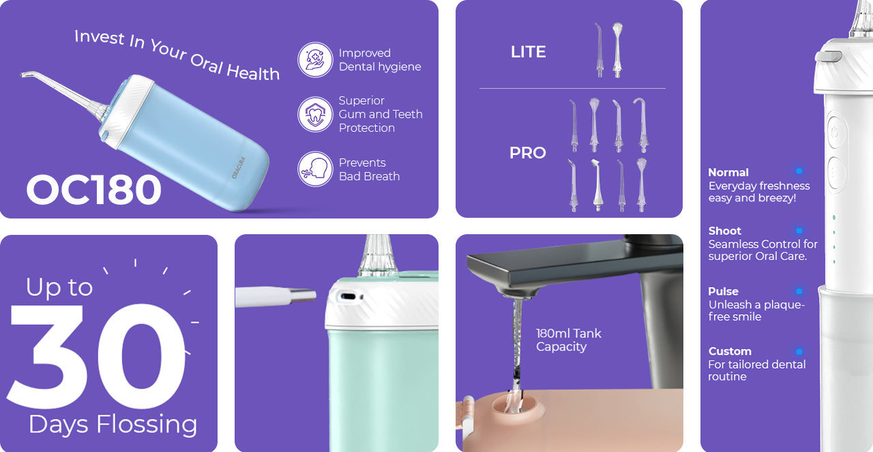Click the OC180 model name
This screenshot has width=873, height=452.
pyautogui.click(x=94, y=190)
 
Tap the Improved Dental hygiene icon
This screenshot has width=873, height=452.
pyautogui.click(x=315, y=59)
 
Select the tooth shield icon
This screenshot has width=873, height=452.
pyautogui.click(x=315, y=115)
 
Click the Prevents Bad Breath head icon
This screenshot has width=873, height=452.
pyautogui.click(x=315, y=169)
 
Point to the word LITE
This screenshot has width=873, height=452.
pyautogui.click(x=528, y=52)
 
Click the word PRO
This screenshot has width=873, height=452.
pyautogui.click(x=528, y=153)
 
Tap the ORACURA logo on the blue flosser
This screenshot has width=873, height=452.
pyautogui.click(x=238, y=168)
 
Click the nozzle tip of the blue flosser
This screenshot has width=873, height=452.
pyautogui.click(x=23, y=74)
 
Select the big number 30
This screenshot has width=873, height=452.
pyautogui.click(x=96, y=356)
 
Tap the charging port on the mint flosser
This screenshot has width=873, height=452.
pyautogui.click(x=348, y=296)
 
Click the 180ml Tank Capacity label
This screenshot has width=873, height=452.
pyautogui.click(x=568, y=340)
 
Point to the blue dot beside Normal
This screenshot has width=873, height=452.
pyautogui.click(x=799, y=171)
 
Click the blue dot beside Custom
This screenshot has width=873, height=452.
pyautogui.click(x=799, y=352)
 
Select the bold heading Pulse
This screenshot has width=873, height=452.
pyautogui.click(x=723, y=292)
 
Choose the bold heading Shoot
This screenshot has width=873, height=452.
pyautogui.click(x=724, y=231)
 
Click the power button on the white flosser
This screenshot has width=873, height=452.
pyautogui.click(x=835, y=132)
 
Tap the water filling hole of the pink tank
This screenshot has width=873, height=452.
pyautogui.click(x=518, y=407)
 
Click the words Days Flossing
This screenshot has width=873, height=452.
pyautogui.click(x=113, y=425)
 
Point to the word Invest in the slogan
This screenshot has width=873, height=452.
pyautogui.click(x=100, y=38)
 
